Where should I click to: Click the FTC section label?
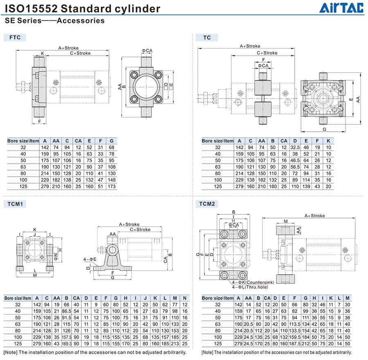click(x=15, y=37)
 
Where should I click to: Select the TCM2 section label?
click(x=207, y=204)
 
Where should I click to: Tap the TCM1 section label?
click(x=15, y=204)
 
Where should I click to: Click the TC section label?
click(x=207, y=38)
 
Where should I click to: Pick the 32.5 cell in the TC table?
click(x=295, y=147)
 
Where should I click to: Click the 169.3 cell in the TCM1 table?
click(x=66, y=344)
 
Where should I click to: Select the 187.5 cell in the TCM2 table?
click(x=294, y=344)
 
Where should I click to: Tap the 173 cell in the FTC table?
click(x=112, y=187)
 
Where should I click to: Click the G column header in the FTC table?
click(x=112, y=141)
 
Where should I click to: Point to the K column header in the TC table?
click(x=328, y=141)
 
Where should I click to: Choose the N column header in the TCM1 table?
click(x=185, y=298)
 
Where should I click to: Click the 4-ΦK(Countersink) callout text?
click(x=253, y=283)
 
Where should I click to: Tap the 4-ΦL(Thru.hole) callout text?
click(x=250, y=287)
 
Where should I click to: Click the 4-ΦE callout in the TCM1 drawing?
click(x=90, y=259)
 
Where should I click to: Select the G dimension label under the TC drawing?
click(x=324, y=129)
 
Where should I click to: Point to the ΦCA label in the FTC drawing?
click(x=147, y=50)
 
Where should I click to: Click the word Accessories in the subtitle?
click(x=81, y=20)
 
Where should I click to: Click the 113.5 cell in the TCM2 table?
click(x=294, y=324)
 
